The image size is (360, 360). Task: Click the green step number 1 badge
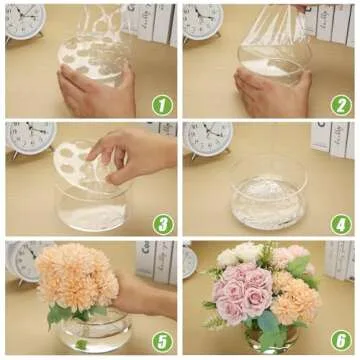pos(162,103)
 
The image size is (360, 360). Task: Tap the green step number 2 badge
pos(341,103)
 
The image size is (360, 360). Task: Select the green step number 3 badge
pos(162,221)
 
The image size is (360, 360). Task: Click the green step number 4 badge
pos(341,221)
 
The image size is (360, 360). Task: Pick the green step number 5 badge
pos(162,340)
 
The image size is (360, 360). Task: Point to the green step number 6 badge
pos(341,340)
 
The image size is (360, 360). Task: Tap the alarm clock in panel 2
pos(203,18)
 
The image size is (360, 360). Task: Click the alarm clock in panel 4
pos(208,137)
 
